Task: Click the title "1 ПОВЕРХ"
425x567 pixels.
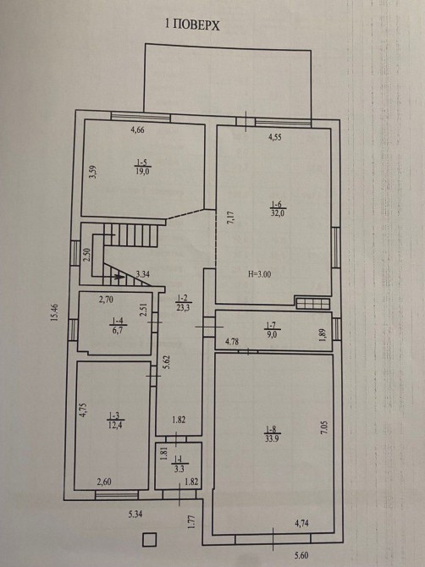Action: pos(192,25)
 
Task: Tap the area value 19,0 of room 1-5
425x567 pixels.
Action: pos(142,172)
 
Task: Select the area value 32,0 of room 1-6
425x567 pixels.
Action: pos(278,212)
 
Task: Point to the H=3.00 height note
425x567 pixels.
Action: pos(260,274)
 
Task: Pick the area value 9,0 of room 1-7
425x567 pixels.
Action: pos(272,334)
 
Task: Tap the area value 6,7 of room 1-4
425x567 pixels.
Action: pos(118,330)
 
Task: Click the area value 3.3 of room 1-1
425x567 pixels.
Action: pos(179,470)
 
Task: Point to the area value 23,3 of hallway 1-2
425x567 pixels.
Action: pos(184,308)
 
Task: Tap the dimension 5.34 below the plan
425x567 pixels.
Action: pos(135,515)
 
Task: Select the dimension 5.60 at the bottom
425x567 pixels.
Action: pos(301,555)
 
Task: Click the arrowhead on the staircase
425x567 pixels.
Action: pos(119,278)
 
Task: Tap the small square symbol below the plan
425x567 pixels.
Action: pos(149,540)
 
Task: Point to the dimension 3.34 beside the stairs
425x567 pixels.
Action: pos(143,274)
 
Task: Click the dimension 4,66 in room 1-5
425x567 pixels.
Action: pos(137,129)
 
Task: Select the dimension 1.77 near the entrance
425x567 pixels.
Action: pos(192,522)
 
